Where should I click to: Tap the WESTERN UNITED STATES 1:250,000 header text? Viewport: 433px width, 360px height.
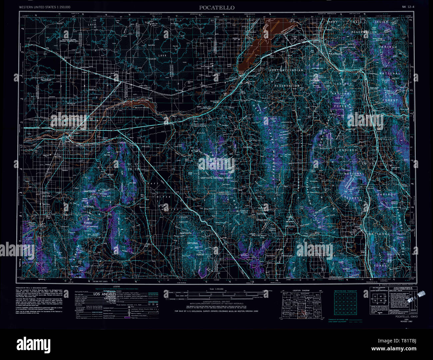tap(45, 7)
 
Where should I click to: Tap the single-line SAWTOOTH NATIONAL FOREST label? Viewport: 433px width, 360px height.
tap(217, 178)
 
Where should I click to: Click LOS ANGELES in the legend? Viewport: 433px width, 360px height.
tap(104, 294)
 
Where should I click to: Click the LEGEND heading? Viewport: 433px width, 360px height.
tap(117, 286)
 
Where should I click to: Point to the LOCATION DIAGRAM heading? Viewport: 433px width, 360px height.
tap(299, 290)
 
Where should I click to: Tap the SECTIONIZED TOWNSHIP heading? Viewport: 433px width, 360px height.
tap(345, 291)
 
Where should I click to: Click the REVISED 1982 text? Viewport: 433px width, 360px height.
tap(407, 322)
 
